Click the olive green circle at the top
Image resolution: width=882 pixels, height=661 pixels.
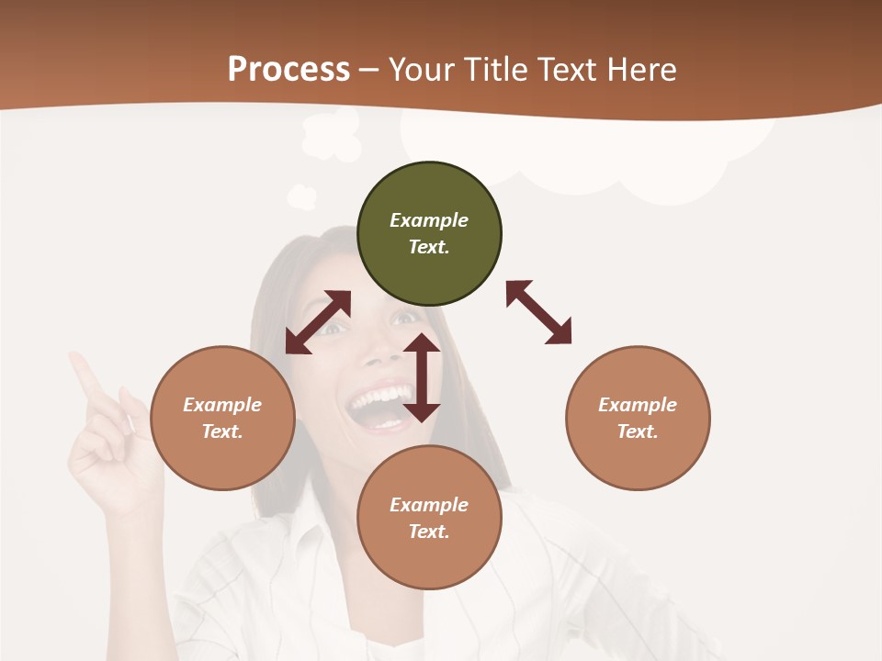429,234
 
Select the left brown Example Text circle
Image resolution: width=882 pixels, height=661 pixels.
222,418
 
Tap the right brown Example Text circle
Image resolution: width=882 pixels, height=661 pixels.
638,418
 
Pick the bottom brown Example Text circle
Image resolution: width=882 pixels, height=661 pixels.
429,518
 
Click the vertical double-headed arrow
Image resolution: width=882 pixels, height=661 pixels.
422,377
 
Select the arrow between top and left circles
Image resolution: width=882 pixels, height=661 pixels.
318,322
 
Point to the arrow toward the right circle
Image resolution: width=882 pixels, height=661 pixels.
539,312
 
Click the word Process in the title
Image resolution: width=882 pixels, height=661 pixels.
288,69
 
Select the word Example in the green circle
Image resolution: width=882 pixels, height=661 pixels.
429,220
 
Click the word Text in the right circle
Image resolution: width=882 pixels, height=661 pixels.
638,431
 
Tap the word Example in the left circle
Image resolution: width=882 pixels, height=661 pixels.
222,405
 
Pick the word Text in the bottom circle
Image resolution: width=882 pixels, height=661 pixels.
429,532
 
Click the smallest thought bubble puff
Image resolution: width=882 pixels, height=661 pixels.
302,196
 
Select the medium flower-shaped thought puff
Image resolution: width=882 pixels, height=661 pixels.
331,135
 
